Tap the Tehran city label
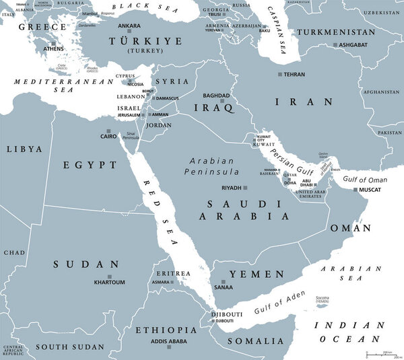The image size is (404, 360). click(x=294, y=74)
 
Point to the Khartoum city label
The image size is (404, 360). click(x=109, y=282)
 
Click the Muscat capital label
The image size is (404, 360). click(x=369, y=190)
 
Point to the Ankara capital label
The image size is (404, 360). click(x=129, y=26)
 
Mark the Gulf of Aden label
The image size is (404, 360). click(x=279, y=303)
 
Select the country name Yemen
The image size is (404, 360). click(x=257, y=274)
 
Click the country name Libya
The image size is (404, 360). click(x=24, y=149)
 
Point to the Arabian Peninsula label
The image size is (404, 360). click(x=212, y=166)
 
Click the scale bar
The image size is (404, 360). click(x=381, y=353)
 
